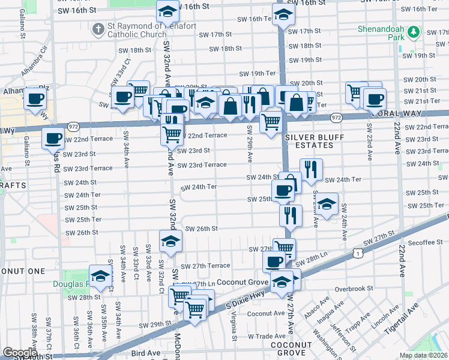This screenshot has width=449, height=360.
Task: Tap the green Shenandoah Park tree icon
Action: [412, 32]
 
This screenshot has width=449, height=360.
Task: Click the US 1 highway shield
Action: [358, 253]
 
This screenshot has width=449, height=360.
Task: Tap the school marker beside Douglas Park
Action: [101, 276]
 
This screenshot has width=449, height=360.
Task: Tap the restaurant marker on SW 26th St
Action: [291, 215]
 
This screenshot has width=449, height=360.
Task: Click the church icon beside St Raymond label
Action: [98, 29]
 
